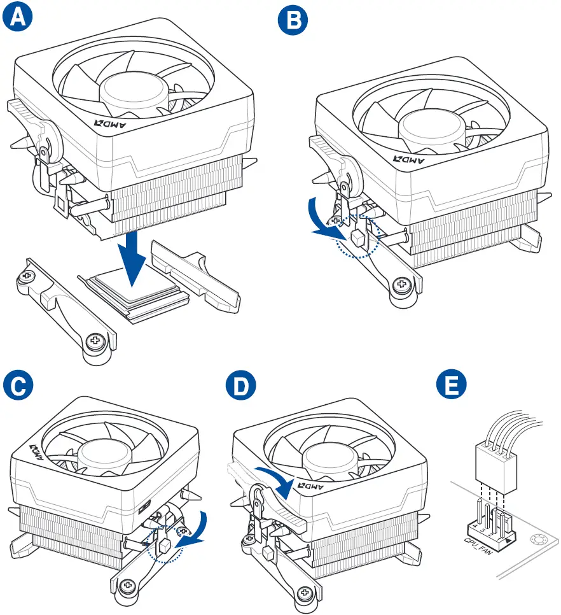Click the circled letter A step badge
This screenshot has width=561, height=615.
(x=17, y=17)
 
